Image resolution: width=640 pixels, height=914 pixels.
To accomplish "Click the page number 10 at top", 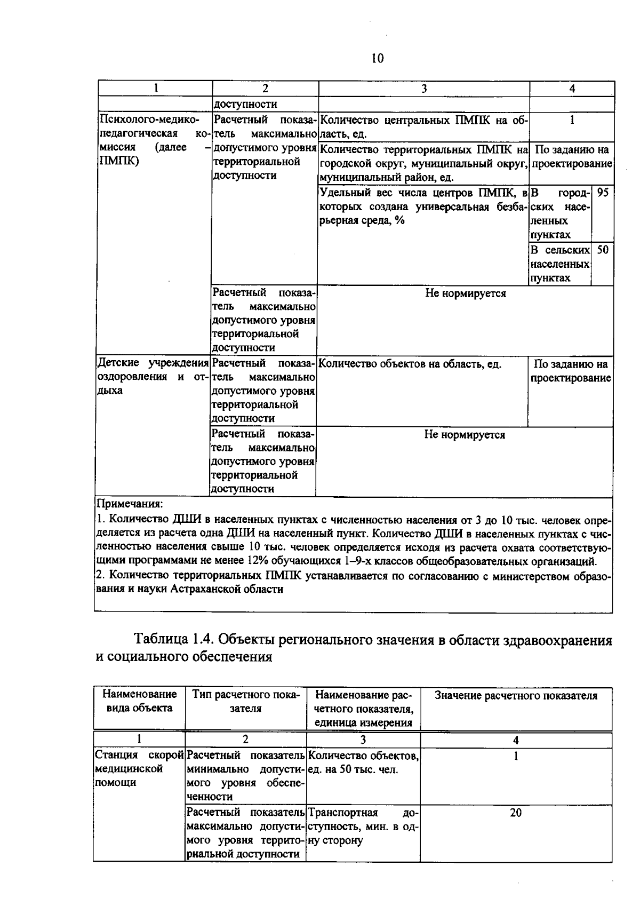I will click(377, 58).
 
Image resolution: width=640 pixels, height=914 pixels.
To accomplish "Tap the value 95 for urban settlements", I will click(603, 193).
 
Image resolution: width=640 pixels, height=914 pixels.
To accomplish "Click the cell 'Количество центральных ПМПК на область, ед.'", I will click(424, 127).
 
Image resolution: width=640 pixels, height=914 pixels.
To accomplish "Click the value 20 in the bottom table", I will click(515, 813).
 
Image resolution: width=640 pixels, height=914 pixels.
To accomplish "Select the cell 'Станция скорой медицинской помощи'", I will click(139, 769).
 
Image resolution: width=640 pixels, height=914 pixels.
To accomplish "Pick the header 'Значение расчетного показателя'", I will click(516, 696).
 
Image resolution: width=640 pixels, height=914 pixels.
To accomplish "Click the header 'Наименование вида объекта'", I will click(139, 701).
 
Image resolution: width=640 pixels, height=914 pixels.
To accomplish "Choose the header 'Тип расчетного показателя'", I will click(246, 701).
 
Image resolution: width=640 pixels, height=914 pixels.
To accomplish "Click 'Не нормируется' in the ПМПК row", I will click(465, 293).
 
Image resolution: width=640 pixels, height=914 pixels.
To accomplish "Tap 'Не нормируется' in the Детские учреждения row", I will click(464, 435).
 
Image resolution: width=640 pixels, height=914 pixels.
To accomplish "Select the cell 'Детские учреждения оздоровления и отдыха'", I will click(152, 377).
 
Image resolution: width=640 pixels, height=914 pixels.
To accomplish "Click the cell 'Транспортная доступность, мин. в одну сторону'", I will click(363, 826).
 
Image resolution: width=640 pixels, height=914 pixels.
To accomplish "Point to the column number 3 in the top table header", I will click(424, 89).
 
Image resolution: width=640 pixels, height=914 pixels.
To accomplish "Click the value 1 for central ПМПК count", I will click(572, 121).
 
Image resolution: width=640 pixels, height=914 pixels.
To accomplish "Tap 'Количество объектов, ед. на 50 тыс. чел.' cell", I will click(363, 762).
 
